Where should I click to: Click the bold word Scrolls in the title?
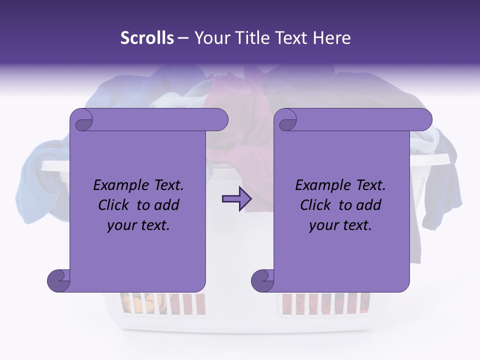[147, 38]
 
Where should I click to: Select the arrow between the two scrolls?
[237, 199]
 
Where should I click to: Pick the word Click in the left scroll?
[114, 205]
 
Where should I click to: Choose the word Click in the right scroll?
[316, 205]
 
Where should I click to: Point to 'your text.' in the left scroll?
[138, 225]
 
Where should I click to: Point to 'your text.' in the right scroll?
[340, 225]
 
